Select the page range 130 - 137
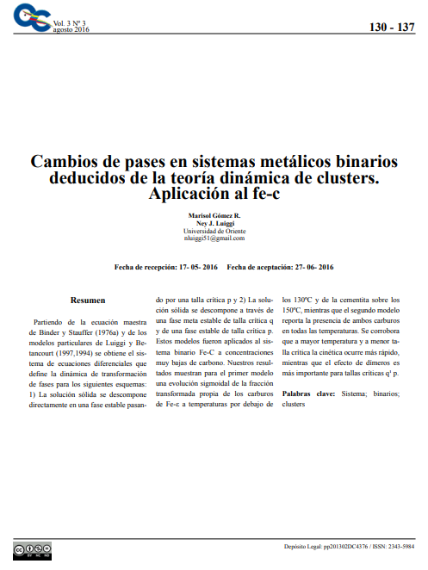(x=392, y=28)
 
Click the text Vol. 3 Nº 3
(x=71, y=22)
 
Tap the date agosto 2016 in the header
(x=71, y=29)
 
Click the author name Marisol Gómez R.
(x=214, y=214)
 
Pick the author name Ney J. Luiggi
(x=214, y=222)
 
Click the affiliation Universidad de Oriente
(x=214, y=230)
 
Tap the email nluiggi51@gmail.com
(x=214, y=238)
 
